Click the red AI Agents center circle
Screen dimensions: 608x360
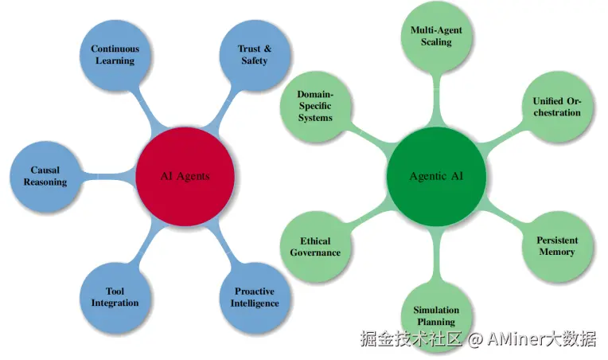(185, 175)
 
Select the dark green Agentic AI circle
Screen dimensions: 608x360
(435, 176)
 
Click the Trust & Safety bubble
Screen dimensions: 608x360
(254, 54)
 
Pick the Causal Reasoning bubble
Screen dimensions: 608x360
(45, 176)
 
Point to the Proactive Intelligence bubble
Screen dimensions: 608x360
(255, 297)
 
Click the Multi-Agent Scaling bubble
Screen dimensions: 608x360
(436, 36)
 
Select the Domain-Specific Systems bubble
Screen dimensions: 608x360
(315, 105)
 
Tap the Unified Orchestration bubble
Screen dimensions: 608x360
(556, 106)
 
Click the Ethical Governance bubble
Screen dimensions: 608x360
(315, 246)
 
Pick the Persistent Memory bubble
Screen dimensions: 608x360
(556, 246)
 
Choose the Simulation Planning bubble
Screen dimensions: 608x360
(436, 315)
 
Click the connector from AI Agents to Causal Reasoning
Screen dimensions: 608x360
(107, 175)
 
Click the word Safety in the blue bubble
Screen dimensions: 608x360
(255, 61)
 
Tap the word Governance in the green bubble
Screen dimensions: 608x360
(315, 252)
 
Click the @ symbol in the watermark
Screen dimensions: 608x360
(475, 340)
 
